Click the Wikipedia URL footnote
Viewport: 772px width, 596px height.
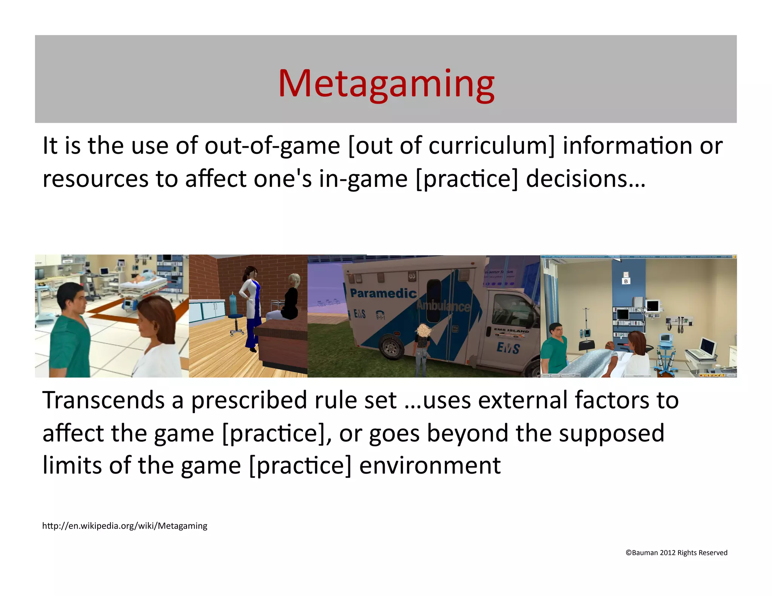pos(124,526)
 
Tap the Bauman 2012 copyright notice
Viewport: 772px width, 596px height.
pos(676,553)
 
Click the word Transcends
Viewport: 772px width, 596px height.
pos(103,400)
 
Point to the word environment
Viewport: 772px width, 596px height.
pos(430,466)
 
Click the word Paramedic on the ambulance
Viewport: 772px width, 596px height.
pos(383,293)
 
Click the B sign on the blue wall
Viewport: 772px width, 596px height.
pos(626,281)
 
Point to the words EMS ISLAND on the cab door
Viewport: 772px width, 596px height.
pos(512,330)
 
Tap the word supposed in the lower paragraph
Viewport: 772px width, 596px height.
pos(611,433)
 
